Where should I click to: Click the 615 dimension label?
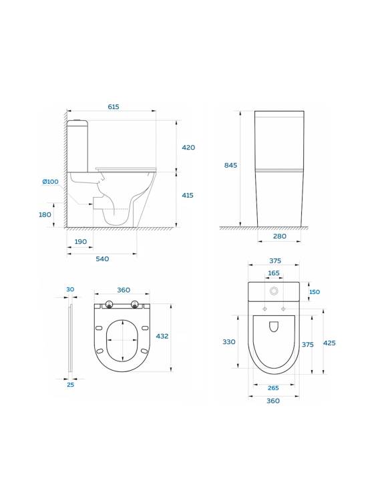(114, 107)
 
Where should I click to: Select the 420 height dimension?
(188, 148)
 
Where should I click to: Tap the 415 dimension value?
(188, 195)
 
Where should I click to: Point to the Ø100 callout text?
(51, 182)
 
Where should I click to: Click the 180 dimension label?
(45, 214)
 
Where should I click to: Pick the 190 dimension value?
(81, 242)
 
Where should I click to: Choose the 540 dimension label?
(102, 259)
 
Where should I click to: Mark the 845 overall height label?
(230, 165)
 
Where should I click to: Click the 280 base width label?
(280, 236)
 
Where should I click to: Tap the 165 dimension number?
(274, 273)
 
